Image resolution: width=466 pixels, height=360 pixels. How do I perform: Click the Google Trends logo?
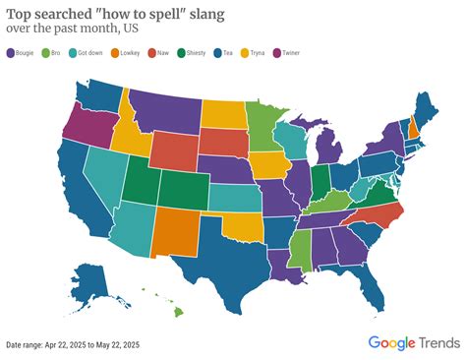[413, 342]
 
